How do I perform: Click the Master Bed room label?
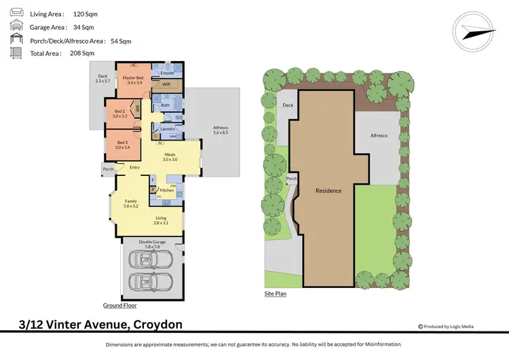pyautogui.click(x=133, y=81)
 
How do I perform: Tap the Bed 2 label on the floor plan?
pyautogui.click(x=119, y=113)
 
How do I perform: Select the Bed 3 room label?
pyautogui.click(x=122, y=144)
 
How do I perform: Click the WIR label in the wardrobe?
pyautogui.click(x=166, y=85)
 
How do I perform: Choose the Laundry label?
pyautogui.click(x=168, y=128)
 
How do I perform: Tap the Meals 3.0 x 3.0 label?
pyautogui.click(x=170, y=156)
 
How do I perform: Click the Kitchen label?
pyautogui.click(x=167, y=190)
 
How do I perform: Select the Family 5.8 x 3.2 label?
pyautogui.click(x=131, y=204)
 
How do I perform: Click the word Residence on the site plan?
pyautogui.click(x=328, y=190)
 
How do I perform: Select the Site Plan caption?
pyautogui.click(x=275, y=294)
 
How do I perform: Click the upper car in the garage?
pyautogui.click(x=152, y=259)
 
